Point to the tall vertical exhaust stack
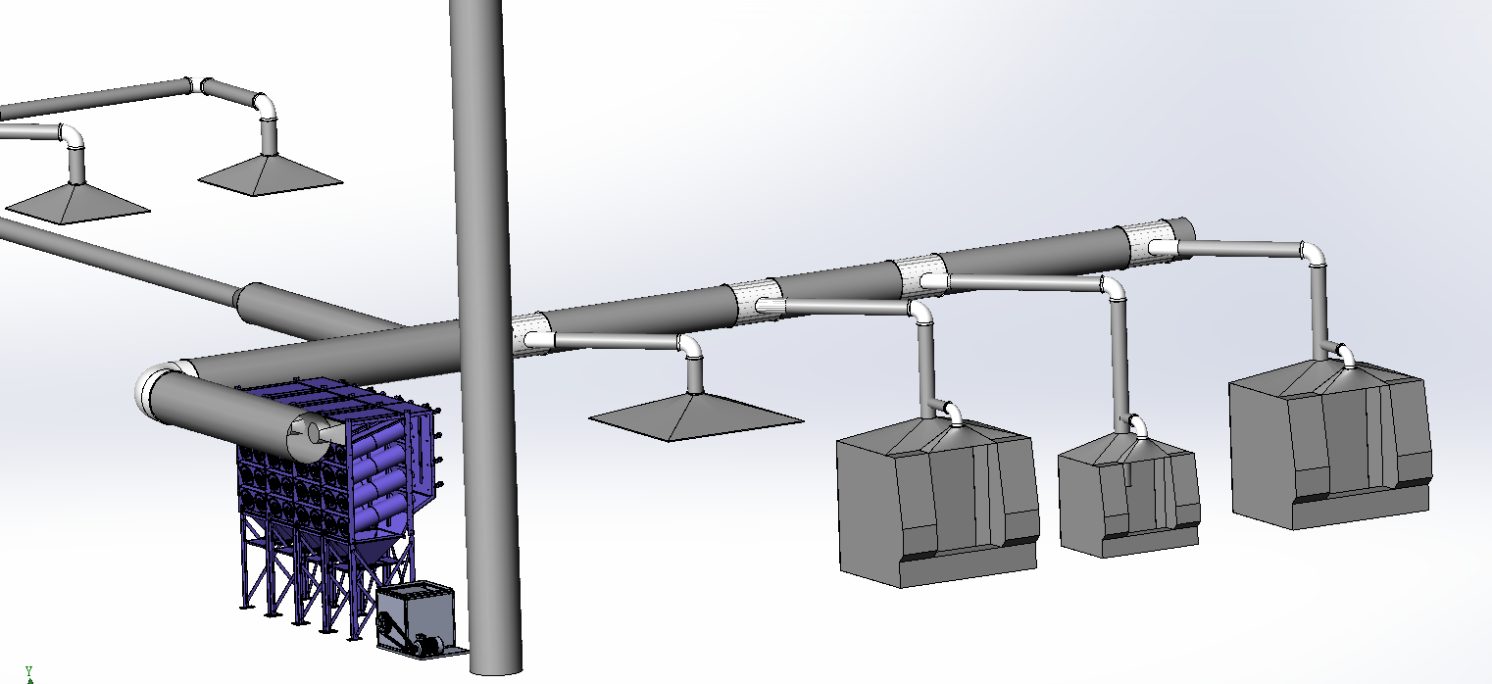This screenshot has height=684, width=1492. [486, 333]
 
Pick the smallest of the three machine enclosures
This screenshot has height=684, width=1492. [1129, 495]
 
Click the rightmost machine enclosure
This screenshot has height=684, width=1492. [1329, 444]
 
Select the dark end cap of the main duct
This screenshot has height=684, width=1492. [1183, 228]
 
